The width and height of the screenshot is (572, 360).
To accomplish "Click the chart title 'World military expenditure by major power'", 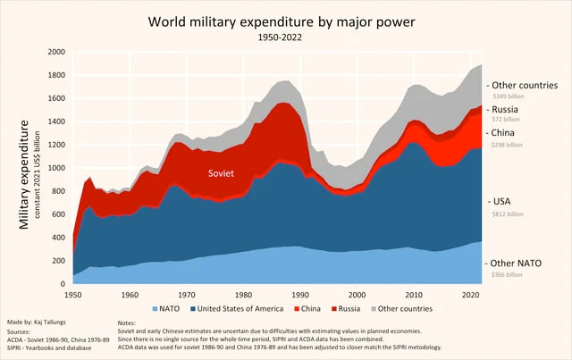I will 285,21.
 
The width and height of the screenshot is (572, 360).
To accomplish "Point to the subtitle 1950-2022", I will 285,39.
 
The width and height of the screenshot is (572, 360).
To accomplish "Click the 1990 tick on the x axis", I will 301,294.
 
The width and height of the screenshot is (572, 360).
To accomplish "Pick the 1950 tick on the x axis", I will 73,294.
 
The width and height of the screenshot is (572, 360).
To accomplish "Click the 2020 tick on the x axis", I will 472,294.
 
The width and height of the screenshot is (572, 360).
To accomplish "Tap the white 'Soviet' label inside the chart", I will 221,173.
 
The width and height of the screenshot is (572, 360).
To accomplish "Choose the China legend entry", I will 312,309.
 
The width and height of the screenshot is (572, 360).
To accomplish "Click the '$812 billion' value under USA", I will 505,215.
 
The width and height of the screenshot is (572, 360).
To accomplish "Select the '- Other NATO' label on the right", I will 517,264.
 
